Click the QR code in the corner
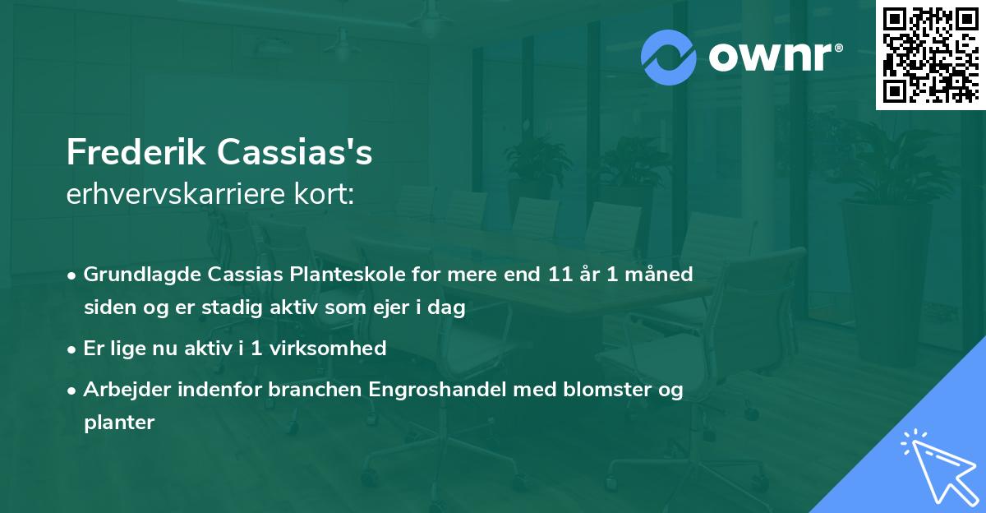pos(929,54)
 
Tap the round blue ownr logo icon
pos(668,58)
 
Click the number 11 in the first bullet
pos(560,275)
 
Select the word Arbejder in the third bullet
pos(122,390)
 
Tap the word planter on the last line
pos(118,423)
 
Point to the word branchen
pos(308,390)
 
